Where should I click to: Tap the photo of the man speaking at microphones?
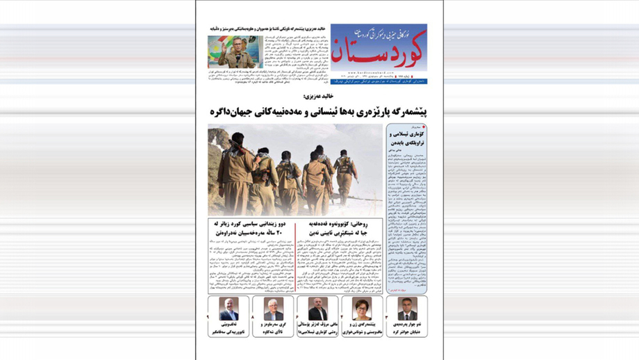pyautogui.click(x=235, y=52)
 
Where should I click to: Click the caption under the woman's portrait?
pyautogui.click(x=362, y=328)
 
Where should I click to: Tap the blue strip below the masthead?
pyautogui.click(x=379, y=81)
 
